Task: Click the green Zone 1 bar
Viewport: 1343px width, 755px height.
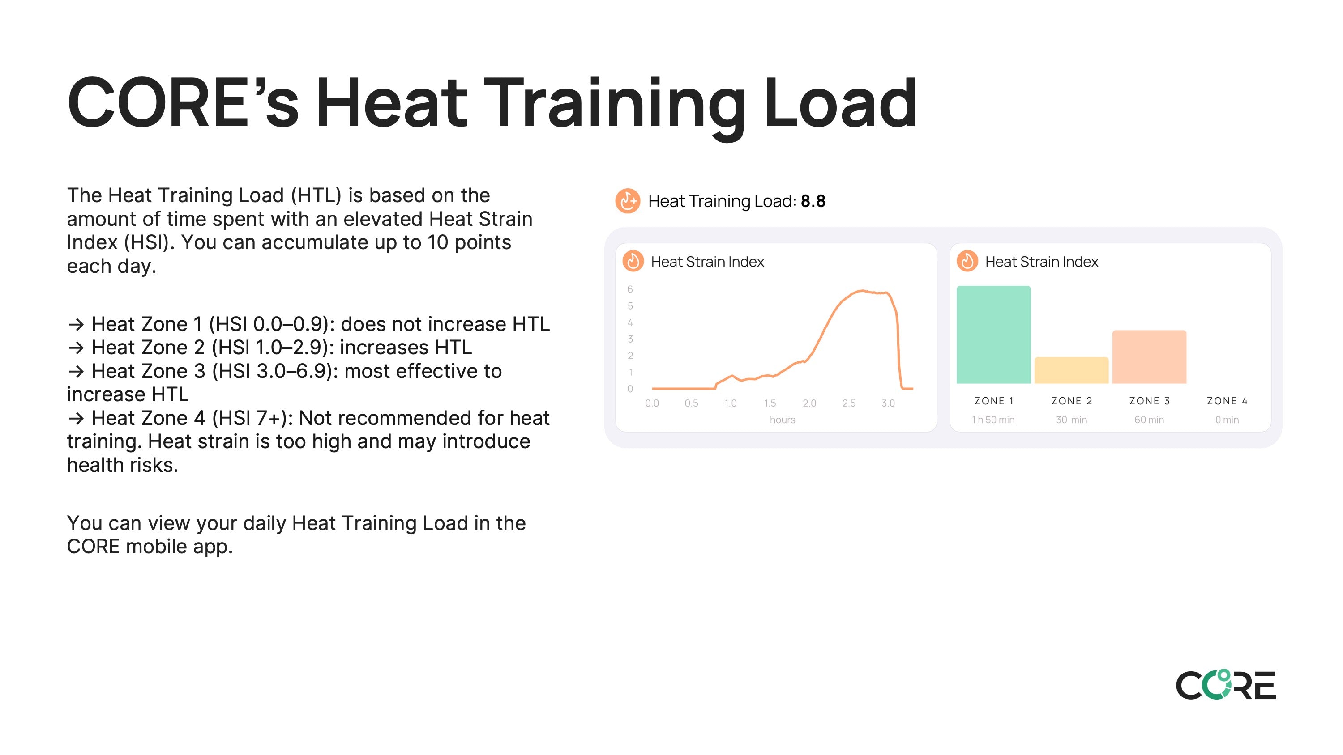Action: (993, 335)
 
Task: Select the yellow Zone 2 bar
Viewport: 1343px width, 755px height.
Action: (1071, 370)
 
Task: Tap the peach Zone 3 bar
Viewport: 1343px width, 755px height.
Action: (1149, 357)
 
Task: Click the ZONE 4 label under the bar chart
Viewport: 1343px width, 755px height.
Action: (1227, 401)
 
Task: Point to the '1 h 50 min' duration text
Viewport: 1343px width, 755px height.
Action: (993, 420)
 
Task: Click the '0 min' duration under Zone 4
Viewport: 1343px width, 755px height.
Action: (1227, 420)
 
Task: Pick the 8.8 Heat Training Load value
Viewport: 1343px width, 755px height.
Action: (813, 201)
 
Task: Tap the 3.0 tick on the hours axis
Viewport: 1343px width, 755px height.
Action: (888, 403)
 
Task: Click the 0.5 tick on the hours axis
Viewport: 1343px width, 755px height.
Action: (691, 403)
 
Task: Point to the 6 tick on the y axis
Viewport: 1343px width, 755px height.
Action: (630, 289)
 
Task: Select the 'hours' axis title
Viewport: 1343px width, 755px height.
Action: (783, 420)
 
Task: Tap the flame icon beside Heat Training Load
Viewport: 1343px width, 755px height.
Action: (628, 201)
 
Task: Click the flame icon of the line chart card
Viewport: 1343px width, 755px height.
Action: (633, 261)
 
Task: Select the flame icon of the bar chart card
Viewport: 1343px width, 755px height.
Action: (967, 261)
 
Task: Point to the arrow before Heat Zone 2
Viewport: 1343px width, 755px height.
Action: (76, 348)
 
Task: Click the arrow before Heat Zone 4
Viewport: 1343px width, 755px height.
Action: (76, 418)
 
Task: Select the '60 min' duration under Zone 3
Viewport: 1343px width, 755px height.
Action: (1149, 420)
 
